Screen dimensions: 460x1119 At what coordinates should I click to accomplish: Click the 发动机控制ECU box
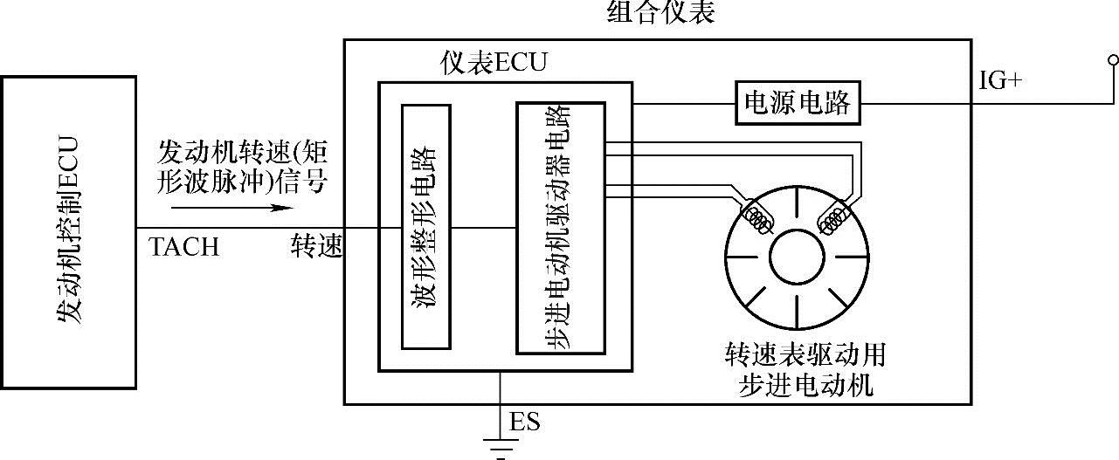[x=69, y=231]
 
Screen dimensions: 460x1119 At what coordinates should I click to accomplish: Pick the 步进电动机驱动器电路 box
[x=560, y=228]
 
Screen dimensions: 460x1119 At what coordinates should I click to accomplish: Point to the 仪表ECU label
[x=495, y=64]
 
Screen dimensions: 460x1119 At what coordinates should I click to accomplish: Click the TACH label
[x=184, y=248]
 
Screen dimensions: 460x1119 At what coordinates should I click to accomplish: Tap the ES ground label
[x=525, y=424]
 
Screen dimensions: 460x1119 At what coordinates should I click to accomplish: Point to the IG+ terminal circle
[x=1113, y=59]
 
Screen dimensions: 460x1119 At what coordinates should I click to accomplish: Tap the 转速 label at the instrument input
[x=316, y=248]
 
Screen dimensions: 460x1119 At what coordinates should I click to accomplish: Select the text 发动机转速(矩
[x=243, y=153]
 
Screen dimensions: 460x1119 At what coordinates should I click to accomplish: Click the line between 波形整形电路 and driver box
[x=484, y=229]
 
